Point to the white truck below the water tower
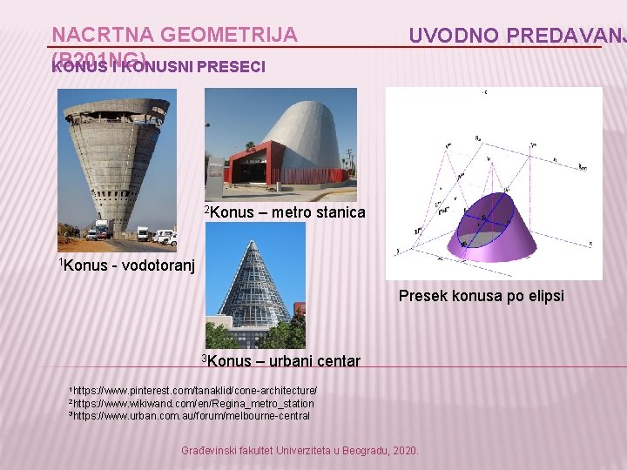(100, 231)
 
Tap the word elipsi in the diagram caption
(544, 296)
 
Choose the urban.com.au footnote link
(192, 416)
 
